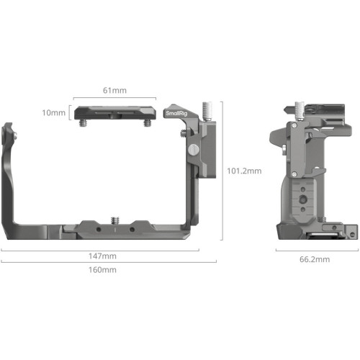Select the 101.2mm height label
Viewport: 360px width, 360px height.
[x=243, y=171]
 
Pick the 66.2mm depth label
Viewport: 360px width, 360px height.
[x=315, y=258]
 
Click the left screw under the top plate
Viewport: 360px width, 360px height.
[x=86, y=123]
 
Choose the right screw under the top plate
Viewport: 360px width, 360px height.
[x=148, y=123]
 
